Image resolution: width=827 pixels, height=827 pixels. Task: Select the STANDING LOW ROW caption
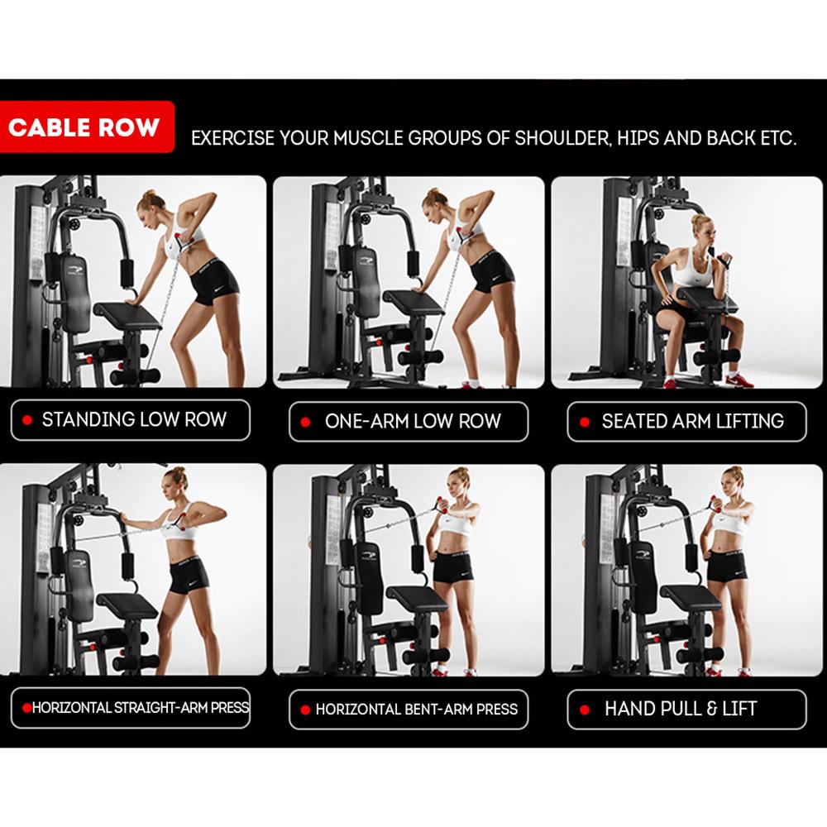[x=135, y=420]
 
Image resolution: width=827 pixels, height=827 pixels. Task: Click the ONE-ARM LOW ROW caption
[x=413, y=421]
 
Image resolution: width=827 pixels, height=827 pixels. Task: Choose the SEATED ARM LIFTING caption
[x=692, y=421]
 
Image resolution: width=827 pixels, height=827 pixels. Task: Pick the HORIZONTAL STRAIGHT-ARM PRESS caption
[x=141, y=707]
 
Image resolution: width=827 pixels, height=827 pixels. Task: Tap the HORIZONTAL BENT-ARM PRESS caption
[x=417, y=710]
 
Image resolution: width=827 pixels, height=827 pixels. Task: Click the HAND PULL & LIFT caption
[x=681, y=709]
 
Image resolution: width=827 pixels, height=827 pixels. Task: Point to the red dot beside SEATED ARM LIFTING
[x=585, y=422]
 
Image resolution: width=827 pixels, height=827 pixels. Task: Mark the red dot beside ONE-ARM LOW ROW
[x=305, y=422]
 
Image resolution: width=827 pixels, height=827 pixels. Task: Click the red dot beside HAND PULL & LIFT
[x=585, y=710]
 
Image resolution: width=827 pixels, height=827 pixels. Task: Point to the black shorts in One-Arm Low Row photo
[x=491, y=272]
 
